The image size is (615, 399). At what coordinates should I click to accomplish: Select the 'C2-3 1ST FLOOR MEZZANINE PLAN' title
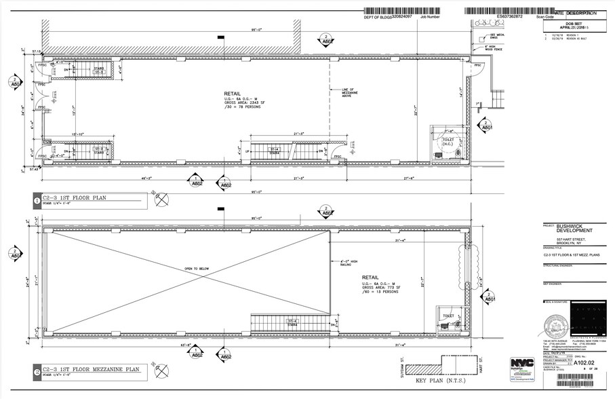[x=87, y=370]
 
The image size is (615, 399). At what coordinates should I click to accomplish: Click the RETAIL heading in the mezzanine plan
[x=370, y=278]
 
